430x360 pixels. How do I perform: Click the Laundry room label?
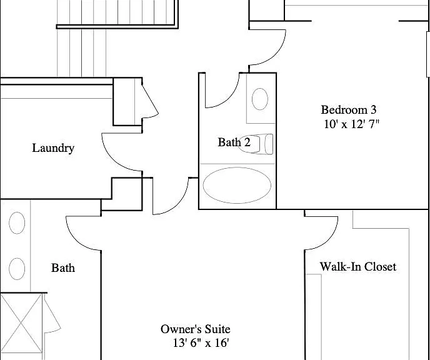(53, 148)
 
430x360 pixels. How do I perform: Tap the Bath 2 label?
(234, 142)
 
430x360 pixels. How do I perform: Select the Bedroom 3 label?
(349, 109)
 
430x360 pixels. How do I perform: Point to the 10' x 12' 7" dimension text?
(351, 124)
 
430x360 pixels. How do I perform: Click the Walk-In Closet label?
(358, 266)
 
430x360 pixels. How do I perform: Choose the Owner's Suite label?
(195, 329)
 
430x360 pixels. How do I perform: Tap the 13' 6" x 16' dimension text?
(201, 342)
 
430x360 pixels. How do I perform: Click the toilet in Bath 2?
(256, 144)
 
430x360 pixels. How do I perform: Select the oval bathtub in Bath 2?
(237, 186)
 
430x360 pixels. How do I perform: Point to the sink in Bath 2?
(260, 99)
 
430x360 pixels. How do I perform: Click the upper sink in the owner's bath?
(17, 223)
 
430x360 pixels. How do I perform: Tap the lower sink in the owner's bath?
(17, 269)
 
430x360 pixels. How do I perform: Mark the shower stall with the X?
(21, 324)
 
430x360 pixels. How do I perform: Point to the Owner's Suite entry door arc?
(179, 204)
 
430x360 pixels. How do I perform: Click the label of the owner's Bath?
(63, 268)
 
